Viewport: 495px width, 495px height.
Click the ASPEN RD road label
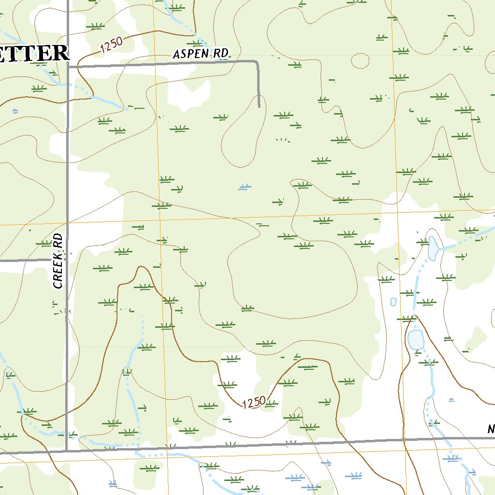200,54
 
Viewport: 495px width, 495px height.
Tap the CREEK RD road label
58,261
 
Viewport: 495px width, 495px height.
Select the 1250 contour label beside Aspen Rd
112,46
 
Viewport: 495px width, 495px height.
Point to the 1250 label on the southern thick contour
254,402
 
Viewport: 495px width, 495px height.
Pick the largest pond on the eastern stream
416,339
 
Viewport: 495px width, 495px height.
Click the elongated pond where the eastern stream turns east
433,247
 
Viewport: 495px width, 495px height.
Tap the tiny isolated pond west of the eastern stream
393,302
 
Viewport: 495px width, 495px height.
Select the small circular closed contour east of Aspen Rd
360,60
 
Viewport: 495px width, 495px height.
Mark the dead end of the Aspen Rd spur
259,105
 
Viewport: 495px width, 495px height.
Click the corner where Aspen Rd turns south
256,62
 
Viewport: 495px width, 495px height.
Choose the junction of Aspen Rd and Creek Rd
67,67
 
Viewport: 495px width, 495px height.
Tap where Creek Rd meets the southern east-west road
67,451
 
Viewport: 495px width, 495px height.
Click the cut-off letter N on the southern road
491,429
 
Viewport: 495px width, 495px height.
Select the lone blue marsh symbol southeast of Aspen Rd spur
245,187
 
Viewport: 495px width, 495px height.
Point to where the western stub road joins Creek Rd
67,260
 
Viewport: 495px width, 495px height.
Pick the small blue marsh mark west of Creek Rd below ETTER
15,111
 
